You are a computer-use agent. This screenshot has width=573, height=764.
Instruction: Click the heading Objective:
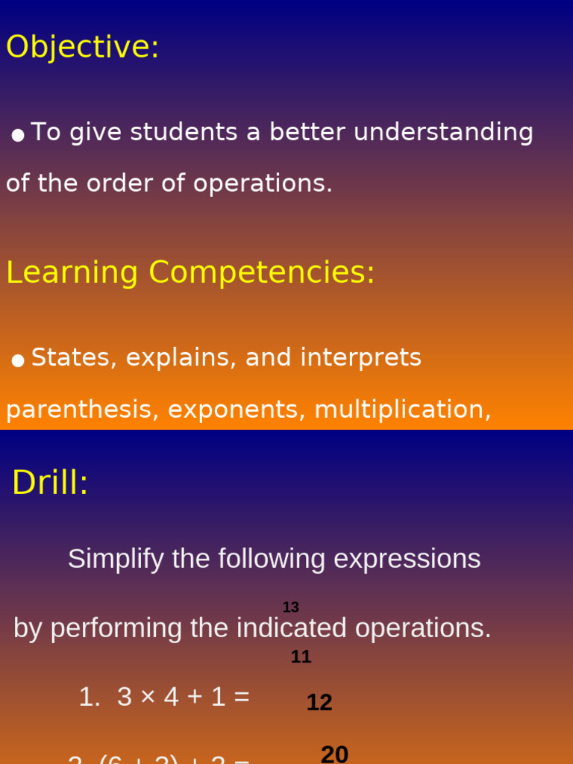tap(82, 47)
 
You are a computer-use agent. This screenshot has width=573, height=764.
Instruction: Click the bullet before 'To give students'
tap(18, 135)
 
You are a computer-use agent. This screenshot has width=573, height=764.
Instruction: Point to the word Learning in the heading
tap(72, 273)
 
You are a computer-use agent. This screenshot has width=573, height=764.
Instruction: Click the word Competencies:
tap(261, 273)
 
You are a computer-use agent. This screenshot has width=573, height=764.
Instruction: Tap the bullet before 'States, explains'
tap(18, 360)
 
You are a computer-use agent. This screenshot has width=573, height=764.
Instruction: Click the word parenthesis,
tap(82, 410)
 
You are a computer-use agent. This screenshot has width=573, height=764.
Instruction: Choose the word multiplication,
tap(402, 410)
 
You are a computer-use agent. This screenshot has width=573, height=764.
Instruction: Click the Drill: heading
tap(50, 483)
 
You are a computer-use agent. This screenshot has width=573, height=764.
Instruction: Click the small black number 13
tap(290, 607)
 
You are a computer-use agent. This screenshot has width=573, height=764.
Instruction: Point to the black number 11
tap(301, 657)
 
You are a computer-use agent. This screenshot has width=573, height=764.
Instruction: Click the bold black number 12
tap(319, 703)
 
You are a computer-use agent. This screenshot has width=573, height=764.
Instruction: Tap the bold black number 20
tap(334, 754)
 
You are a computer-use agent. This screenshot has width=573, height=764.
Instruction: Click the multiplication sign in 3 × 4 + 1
tap(148, 698)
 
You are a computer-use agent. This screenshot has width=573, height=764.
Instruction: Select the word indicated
tap(292, 628)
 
